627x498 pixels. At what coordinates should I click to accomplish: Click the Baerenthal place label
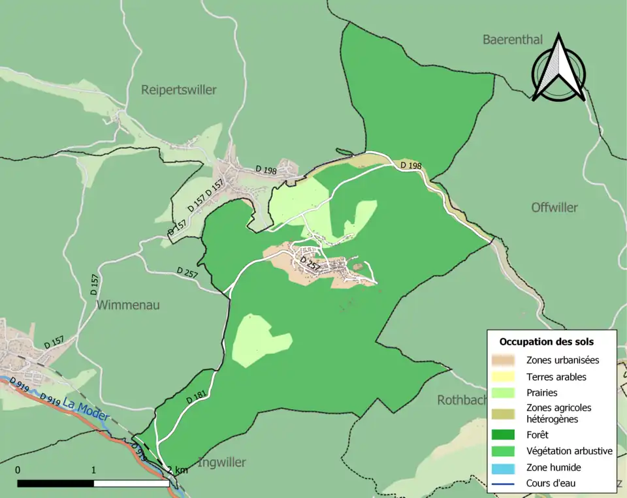[x=513, y=40]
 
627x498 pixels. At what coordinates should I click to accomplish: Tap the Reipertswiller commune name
[x=178, y=90]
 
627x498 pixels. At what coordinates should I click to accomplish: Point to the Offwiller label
[x=555, y=208]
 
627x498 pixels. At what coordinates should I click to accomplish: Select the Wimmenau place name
[x=128, y=305]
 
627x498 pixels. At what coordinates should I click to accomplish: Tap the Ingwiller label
[x=221, y=463]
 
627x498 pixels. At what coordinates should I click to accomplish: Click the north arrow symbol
[x=558, y=69]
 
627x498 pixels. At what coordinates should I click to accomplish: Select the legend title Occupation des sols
[x=547, y=341]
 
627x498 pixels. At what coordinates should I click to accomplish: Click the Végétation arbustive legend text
[x=569, y=451]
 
